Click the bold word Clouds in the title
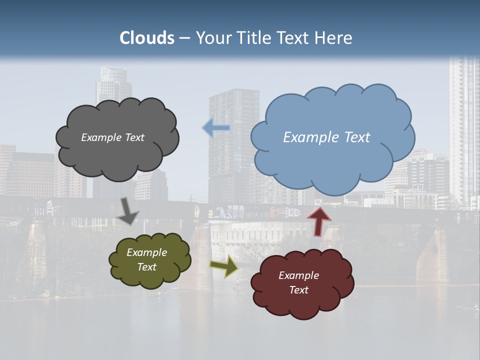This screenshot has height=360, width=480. click(x=147, y=38)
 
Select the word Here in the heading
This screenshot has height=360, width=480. click(x=334, y=38)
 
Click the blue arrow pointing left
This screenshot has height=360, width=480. click(x=216, y=128)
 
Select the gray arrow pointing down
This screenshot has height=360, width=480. click(x=127, y=211)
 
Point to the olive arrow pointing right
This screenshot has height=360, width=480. click(x=224, y=266)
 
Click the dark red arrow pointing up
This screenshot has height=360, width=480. click(x=318, y=220)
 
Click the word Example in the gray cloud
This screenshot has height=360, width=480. click(x=101, y=137)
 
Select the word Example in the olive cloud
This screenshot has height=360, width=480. click(x=146, y=252)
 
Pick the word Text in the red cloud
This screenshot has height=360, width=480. click(x=298, y=290)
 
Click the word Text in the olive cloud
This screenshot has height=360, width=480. click(x=146, y=267)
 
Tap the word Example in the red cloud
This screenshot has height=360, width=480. click(x=298, y=275)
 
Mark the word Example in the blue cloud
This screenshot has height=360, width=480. click(x=308, y=137)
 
